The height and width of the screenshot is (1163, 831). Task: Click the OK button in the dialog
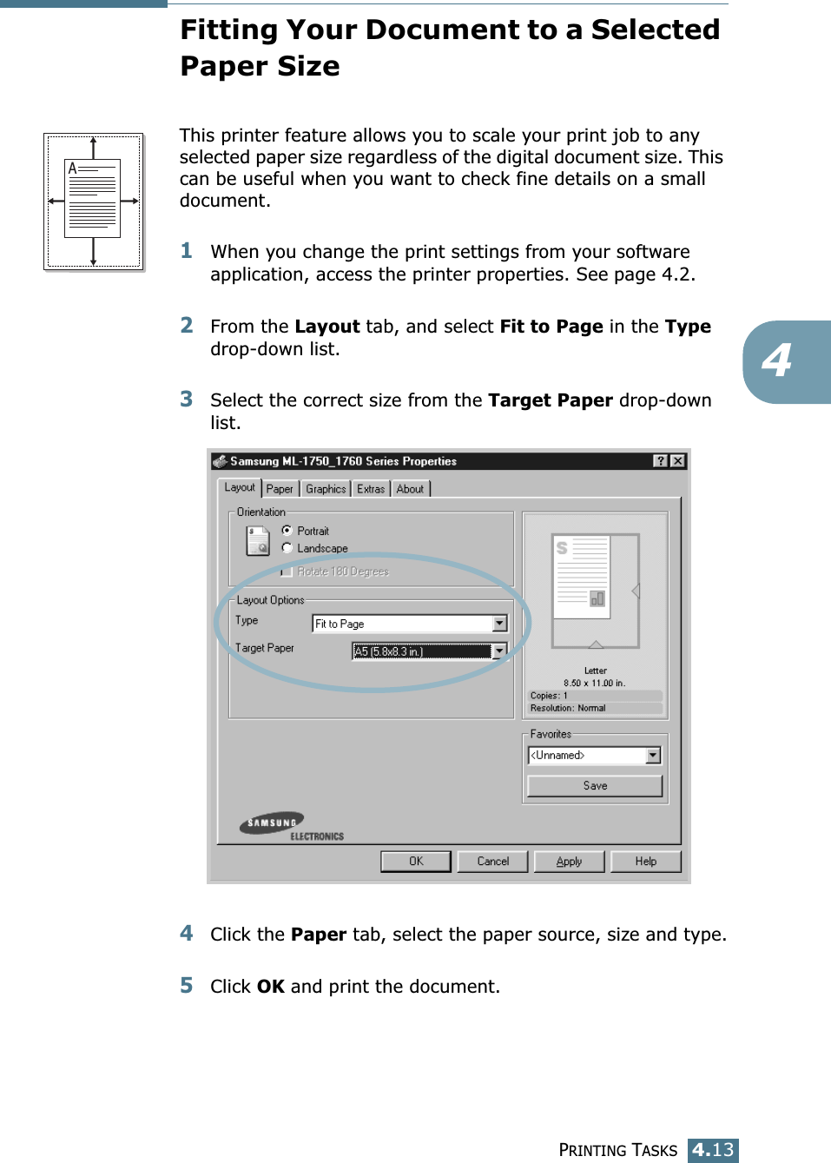click(416, 861)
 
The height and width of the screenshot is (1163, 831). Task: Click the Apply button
click(569, 861)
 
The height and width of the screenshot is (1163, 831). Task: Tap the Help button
click(645, 861)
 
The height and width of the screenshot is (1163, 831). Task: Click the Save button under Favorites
click(595, 785)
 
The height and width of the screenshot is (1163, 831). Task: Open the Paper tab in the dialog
click(280, 489)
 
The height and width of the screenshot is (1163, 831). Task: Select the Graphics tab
click(326, 489)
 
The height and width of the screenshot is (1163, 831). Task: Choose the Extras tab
click(371, 489)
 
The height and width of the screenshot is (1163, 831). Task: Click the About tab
click(410, 489)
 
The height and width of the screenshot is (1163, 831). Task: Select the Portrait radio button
click(287, 530)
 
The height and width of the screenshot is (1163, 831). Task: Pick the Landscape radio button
click(287, 547)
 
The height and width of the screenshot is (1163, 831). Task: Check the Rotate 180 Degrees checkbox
click(287, 572)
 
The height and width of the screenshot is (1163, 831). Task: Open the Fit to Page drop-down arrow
click(499, 624)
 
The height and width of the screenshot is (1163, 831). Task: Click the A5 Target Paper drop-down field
click(422, 651)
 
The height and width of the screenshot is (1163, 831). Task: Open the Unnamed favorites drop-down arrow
click(653, 756)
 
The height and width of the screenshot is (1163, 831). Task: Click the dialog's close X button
click(677, 461)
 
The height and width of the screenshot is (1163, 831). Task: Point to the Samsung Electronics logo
click(291, 826)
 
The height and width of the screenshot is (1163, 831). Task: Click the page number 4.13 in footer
click(713, 1150)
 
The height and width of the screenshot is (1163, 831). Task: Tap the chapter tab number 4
click(777, 360)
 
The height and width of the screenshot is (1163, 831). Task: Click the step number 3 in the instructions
click(187, 400)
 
